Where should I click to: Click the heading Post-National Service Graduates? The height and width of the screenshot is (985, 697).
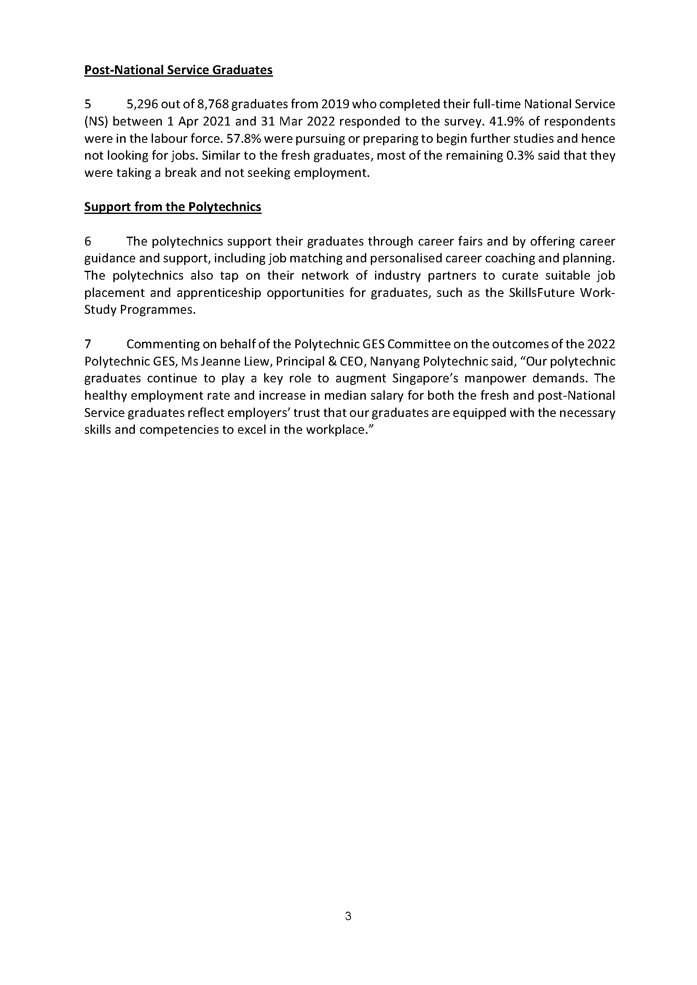point(178,70)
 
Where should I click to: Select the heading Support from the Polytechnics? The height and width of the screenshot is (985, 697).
point(172,207)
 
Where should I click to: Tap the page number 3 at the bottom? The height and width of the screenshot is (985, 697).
point(348,916)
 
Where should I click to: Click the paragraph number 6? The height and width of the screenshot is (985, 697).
point(88,242)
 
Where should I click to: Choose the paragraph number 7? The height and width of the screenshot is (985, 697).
point(88,344)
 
